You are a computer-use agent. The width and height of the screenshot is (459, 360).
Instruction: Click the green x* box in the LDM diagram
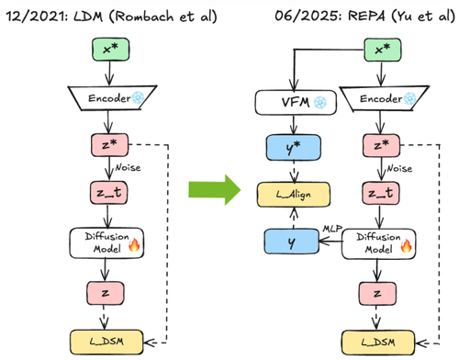(111, 50)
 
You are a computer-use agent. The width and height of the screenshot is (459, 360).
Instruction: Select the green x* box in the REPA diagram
(383, 50)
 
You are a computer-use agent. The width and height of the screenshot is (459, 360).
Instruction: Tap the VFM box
(296, 103)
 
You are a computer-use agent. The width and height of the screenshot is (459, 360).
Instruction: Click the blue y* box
(294, 148)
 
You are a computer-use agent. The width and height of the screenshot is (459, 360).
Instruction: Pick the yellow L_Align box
(294, 195)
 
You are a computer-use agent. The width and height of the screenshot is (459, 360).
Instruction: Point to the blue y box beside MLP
(292, 242)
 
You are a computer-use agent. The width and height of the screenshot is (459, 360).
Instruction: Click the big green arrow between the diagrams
(215, 190)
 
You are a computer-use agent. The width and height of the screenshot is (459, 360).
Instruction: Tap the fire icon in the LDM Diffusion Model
(134, 245)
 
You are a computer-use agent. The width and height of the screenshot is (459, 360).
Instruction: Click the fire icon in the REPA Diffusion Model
(406, 245)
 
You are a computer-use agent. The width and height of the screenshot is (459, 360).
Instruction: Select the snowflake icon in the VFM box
(320, 103)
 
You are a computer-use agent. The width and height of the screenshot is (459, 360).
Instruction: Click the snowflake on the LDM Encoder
(138, 97)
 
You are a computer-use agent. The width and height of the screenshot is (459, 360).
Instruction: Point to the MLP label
(332, 229)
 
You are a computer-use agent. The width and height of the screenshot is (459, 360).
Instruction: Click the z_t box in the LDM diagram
(109, 193)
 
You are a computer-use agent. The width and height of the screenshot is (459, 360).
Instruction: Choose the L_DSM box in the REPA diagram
(378, 343)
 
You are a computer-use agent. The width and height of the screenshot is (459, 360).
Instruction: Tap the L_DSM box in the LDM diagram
(106, 342)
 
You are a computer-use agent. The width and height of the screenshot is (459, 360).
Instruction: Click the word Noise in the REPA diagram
(399, 168)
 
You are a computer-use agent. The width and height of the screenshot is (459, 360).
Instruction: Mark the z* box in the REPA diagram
(381, 145)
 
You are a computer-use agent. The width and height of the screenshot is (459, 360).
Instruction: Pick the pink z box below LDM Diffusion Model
(106, 293)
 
